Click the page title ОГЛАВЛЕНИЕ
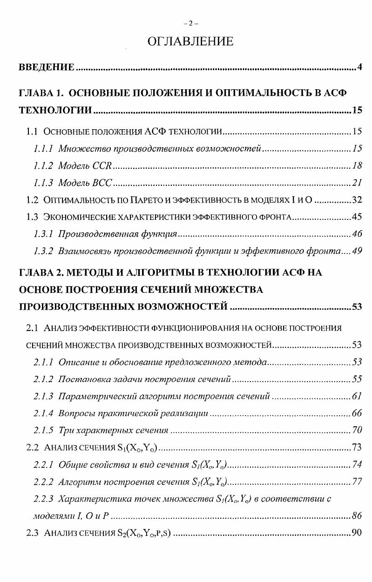tap(190, 42)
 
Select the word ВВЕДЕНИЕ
tap(46, 68)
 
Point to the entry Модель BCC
tap(86, 183)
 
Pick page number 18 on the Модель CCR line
tap(357, 165)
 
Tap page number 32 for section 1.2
tap(357, 200)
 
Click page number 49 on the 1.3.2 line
tap(357, 251)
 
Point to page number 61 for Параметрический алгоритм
tap(357, 396)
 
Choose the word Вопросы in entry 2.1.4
tap(74, 413)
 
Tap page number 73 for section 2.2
tap(357, 448)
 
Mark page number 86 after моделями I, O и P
tap(357, 516)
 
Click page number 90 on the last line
tap(357, 533)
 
